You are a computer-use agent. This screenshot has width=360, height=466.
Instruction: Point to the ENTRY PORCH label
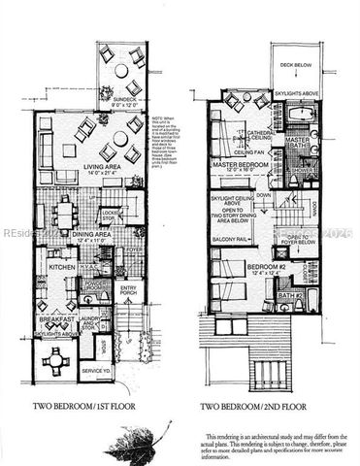129,290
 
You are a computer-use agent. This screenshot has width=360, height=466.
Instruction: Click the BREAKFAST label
55,318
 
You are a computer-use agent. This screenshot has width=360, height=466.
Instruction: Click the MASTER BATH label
298,144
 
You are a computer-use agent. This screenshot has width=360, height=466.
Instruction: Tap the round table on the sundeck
122,71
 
